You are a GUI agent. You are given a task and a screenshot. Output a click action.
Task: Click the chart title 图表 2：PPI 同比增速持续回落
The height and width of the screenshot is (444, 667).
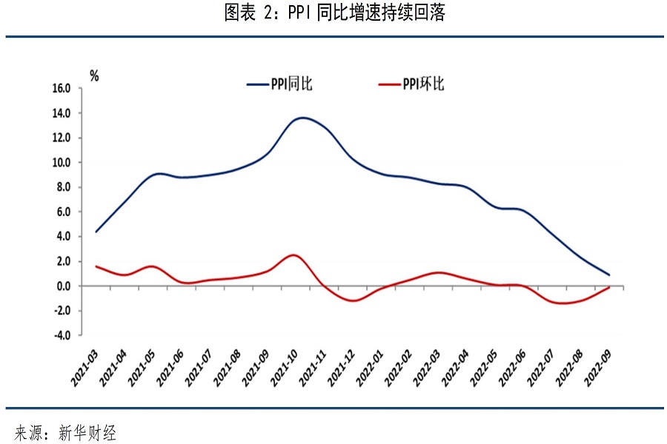pyautogui.click(x=334, y=13)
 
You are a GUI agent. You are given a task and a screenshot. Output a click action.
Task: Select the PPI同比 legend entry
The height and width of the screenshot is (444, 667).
pyautogui.click(x=280, y=84)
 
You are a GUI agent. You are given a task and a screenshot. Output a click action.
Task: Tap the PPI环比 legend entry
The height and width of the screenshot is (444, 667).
pyautogui.click(x=411, y=84)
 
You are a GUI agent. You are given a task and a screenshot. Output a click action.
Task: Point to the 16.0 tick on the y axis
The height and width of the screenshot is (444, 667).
pyautogui.click(x=61, y=88)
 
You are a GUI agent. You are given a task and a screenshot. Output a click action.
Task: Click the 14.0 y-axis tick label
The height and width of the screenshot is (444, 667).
pyautogui.click(x=61, y=113)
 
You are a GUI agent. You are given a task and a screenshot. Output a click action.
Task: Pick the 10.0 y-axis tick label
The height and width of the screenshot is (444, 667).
pyautogui.click(x=61, y=163)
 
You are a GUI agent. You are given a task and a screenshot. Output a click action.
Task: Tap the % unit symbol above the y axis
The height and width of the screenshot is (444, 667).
pyautogui.click(x=94, y=75)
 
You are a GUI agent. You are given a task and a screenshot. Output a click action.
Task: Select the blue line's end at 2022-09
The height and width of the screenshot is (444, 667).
pyautogui.click(x=609, y=275)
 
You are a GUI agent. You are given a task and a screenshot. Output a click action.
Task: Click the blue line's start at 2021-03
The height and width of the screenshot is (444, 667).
pyautogui.click(x=96, y=232)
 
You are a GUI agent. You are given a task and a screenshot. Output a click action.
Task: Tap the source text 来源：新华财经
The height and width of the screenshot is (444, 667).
pyautogui.click(x=66, y=432)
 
